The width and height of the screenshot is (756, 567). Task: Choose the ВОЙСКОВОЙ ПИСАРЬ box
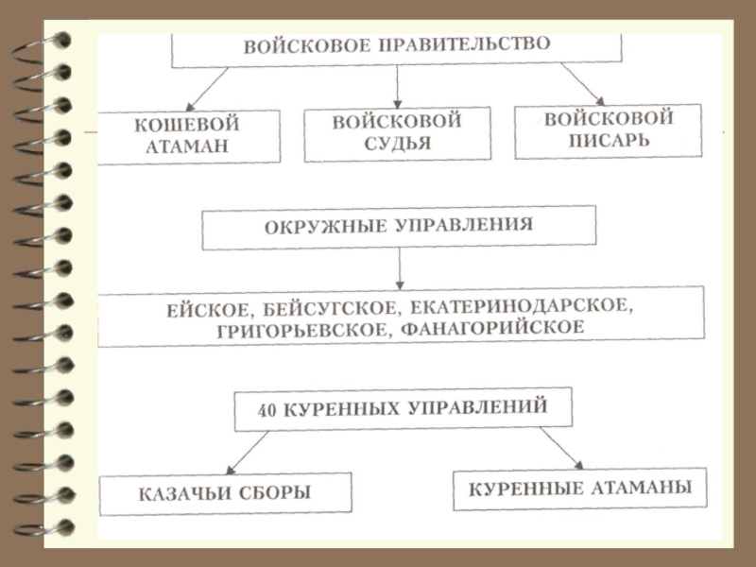[x=609, y=129]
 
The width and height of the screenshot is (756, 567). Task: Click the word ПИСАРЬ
[x=610, y=141]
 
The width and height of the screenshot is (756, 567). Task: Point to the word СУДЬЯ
[x=397, y=144]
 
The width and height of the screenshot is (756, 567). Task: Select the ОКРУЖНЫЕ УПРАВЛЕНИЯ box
[x=399, y=228]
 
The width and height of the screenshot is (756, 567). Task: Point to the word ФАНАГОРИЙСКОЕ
[x=492, y=328]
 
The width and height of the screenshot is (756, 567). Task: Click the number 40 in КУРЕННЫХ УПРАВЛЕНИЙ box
[x=266, y=412]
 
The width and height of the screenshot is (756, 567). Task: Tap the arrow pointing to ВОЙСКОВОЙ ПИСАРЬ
[x=582, y=83]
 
